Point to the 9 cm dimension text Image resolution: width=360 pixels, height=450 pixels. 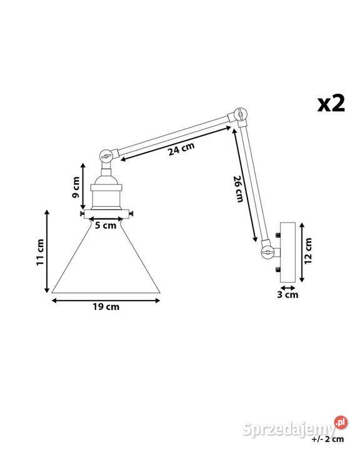tap(75, 187)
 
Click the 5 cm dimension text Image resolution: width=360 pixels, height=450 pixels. tap(105, 226)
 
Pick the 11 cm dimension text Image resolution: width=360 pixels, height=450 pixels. tap(41, 251)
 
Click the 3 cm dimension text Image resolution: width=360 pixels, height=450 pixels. tap(287, 294)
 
